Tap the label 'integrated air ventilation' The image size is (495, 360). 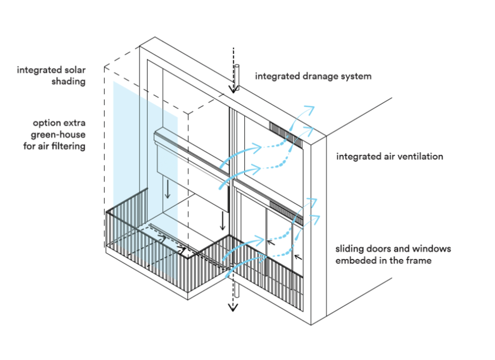[390, 156]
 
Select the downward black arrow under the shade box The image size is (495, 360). [168, 189]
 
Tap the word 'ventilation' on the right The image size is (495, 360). [421, 156]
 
